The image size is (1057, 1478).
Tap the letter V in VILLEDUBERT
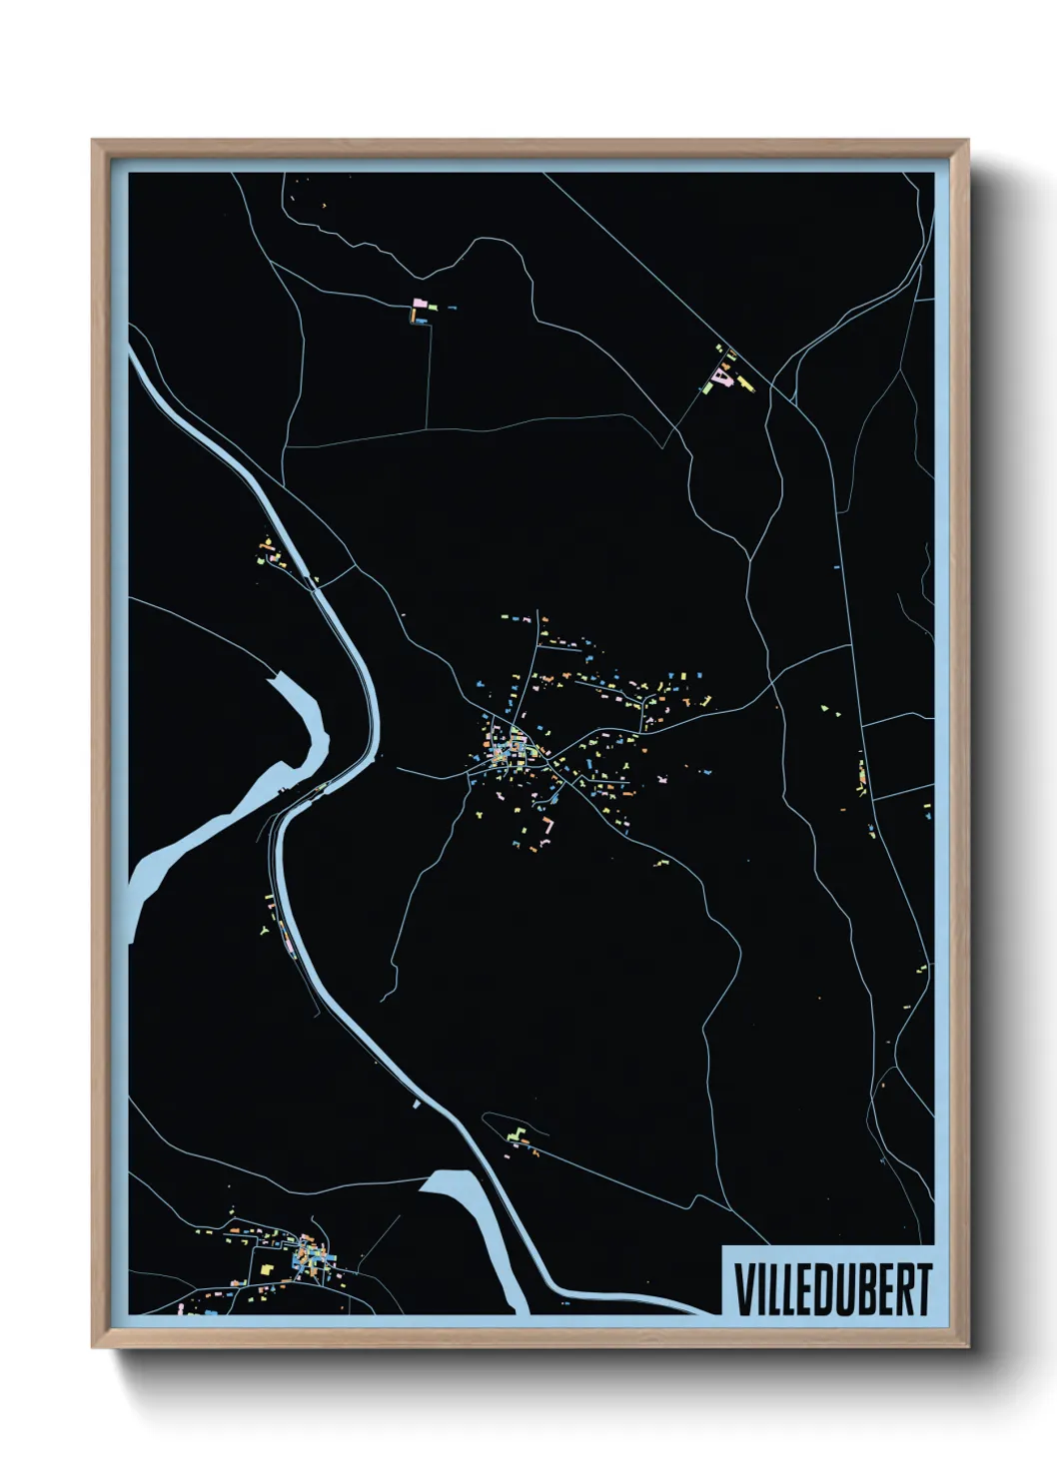[744, 1289]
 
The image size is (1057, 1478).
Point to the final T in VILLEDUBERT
[922, 1289]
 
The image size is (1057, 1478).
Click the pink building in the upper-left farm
[421, 301]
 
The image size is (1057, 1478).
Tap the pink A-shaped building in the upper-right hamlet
[722, 376]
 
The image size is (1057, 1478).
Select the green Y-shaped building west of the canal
[264, 930]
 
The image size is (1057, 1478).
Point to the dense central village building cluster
[515, 747]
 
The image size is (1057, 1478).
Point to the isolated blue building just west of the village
[403, 615]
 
